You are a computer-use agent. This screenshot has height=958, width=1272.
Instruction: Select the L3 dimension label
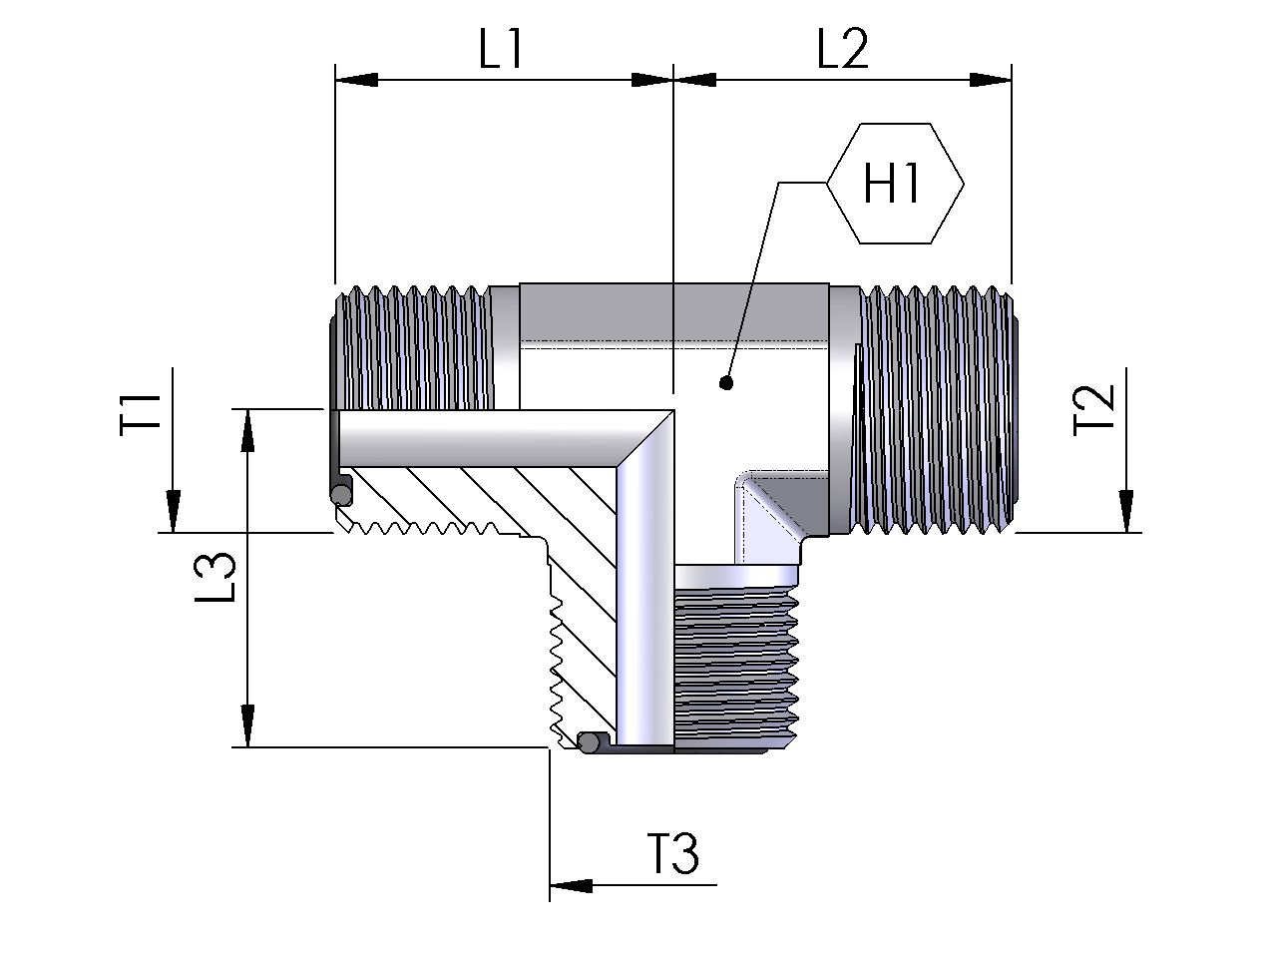(x=215, y=578)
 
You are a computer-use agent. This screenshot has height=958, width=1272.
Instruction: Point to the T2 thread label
(x=1094, y=411)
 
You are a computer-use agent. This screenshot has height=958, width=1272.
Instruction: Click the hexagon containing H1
(x=895, y=184)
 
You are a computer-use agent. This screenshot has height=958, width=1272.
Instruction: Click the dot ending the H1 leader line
(x=726, y=382)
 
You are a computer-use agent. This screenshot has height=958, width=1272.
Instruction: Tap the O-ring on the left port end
(x=340, y=492)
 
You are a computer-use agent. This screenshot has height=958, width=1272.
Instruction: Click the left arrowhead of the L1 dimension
(x=355, y=80)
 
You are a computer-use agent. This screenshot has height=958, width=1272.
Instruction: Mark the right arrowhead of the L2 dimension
(x=992, y=80)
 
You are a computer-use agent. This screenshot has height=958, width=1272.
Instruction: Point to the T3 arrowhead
(x=570, y=884)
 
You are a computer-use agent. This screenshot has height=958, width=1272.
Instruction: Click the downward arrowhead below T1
(x=173, y=512)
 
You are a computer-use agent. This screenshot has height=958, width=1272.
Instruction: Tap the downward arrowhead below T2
(x=1126, y=512)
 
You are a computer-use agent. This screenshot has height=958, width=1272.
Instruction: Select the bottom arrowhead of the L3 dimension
(x=246, y=726)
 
